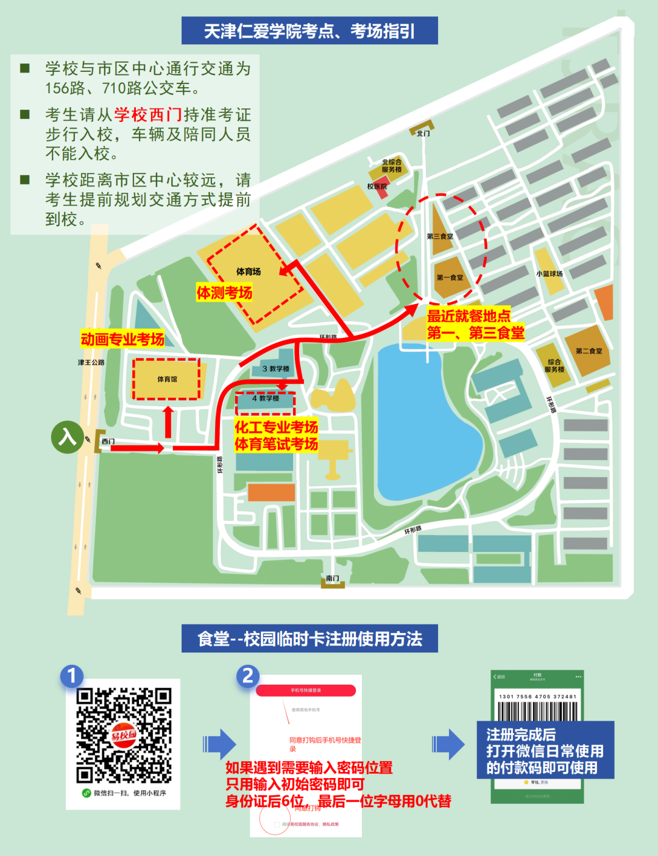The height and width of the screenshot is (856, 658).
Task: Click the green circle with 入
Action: (67, 437)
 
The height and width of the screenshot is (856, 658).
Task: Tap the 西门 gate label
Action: (108, 442)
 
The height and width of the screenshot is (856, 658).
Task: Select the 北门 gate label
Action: (423, 133)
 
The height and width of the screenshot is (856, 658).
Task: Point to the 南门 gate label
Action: (333, 578)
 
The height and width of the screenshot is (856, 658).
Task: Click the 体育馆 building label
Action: (167, 379)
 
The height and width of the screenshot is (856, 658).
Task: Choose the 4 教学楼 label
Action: (266, 398)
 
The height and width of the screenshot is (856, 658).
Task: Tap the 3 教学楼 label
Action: (275, 369)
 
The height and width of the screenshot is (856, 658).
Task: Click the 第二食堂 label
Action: (589, 351)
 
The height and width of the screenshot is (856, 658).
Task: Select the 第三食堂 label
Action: (440, 236)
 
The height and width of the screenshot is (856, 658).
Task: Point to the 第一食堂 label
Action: (450, 278)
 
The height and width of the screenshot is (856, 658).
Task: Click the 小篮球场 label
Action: (550, 274)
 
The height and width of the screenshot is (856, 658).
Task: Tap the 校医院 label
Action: (377, 186)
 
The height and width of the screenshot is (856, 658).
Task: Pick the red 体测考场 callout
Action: (224, 293)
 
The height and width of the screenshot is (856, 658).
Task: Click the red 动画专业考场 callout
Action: (122, 339)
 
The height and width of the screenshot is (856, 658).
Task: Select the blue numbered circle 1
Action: (72, 676)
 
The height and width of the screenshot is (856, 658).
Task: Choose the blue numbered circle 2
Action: (248, 676)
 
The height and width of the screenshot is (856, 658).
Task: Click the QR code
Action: (124, 735)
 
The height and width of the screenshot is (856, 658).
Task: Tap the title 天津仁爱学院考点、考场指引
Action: (310, 30)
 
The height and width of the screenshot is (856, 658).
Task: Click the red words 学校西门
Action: (148, 115)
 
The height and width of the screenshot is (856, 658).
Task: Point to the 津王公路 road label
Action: (91, 363)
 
